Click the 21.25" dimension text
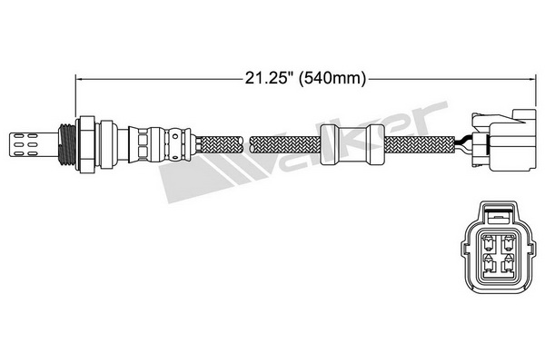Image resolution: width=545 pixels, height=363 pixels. [268, 78]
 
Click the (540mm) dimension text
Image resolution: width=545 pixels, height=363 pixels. [332, 79]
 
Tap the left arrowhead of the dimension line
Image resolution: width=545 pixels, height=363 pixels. [78, 79]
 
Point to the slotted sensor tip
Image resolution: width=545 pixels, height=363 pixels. [34, 144]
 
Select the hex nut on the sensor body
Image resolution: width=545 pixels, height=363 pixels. [85, 144]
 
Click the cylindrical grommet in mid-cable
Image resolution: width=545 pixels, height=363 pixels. [352, 144]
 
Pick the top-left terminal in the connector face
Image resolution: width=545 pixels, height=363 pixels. [489, 243]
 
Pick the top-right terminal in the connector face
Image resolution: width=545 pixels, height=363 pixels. [509, 243]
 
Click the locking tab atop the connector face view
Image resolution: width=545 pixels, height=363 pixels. [499, 215]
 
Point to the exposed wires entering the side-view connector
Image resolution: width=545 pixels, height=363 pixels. [463, 143]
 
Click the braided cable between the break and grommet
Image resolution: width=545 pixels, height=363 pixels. [285, 144]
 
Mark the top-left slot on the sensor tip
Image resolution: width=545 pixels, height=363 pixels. [18, 136]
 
